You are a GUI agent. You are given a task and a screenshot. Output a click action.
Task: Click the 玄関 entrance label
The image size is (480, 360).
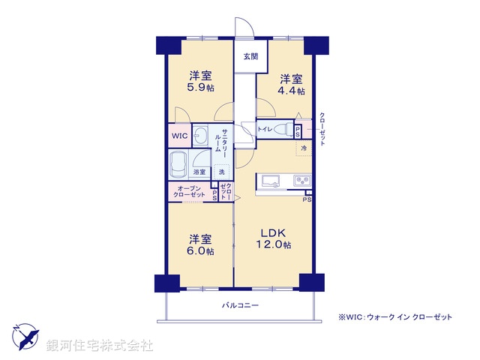[250, 56]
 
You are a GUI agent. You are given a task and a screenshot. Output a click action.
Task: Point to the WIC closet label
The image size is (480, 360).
[178, 136]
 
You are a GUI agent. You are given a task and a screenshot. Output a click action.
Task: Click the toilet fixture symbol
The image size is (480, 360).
[283, 129]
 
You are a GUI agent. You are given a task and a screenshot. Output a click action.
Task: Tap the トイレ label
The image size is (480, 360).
[265, 130]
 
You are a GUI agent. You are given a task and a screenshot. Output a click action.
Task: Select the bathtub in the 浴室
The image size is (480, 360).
[180, 163]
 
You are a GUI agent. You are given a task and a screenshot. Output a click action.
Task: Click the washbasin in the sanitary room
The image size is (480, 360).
[201, 136]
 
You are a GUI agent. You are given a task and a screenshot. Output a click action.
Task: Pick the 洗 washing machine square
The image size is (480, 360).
[222, 172]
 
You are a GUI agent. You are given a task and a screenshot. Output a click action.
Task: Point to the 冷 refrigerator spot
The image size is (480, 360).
[304, 148]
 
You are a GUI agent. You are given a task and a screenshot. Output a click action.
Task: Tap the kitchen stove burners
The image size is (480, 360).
[301, 180]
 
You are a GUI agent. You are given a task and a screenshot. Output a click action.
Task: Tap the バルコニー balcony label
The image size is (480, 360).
[240, 305]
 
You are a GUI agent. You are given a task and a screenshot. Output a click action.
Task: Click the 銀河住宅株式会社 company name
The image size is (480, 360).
[100, 346]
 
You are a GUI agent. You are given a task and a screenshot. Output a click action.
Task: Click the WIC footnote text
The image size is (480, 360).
[395, 317]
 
